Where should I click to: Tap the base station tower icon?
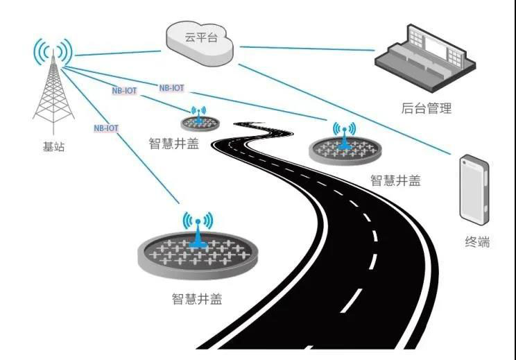coord(53,94)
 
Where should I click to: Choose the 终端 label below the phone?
coord(477,242)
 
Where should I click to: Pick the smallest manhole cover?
coord(199,123)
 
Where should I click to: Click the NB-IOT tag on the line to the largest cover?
coord(106,128)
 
